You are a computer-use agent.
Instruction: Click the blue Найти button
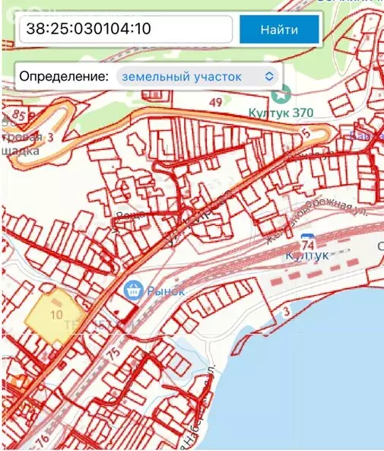coord(279,30)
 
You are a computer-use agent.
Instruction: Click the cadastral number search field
coord(125,30)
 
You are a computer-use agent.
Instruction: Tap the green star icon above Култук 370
coord(283,94)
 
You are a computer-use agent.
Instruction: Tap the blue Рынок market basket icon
coord(133,291)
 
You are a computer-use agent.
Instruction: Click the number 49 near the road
coord(216,103)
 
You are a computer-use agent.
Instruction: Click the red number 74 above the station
coord(308,245)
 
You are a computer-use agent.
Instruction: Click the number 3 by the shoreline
coord(287,312)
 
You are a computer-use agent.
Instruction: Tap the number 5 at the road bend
coord(307,132)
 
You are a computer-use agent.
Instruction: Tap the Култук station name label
coord(309,258)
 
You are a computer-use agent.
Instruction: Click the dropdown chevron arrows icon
coord(268,76)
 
